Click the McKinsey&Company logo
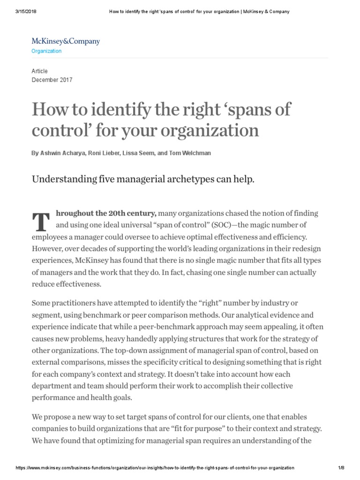pos(66,41)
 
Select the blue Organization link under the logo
pos(46,51)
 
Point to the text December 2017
pos(52,80)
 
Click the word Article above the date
pos(40,71)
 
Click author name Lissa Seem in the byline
pos(136,152)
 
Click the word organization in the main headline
pos(207,130)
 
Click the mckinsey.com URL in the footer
pos(155,468)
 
